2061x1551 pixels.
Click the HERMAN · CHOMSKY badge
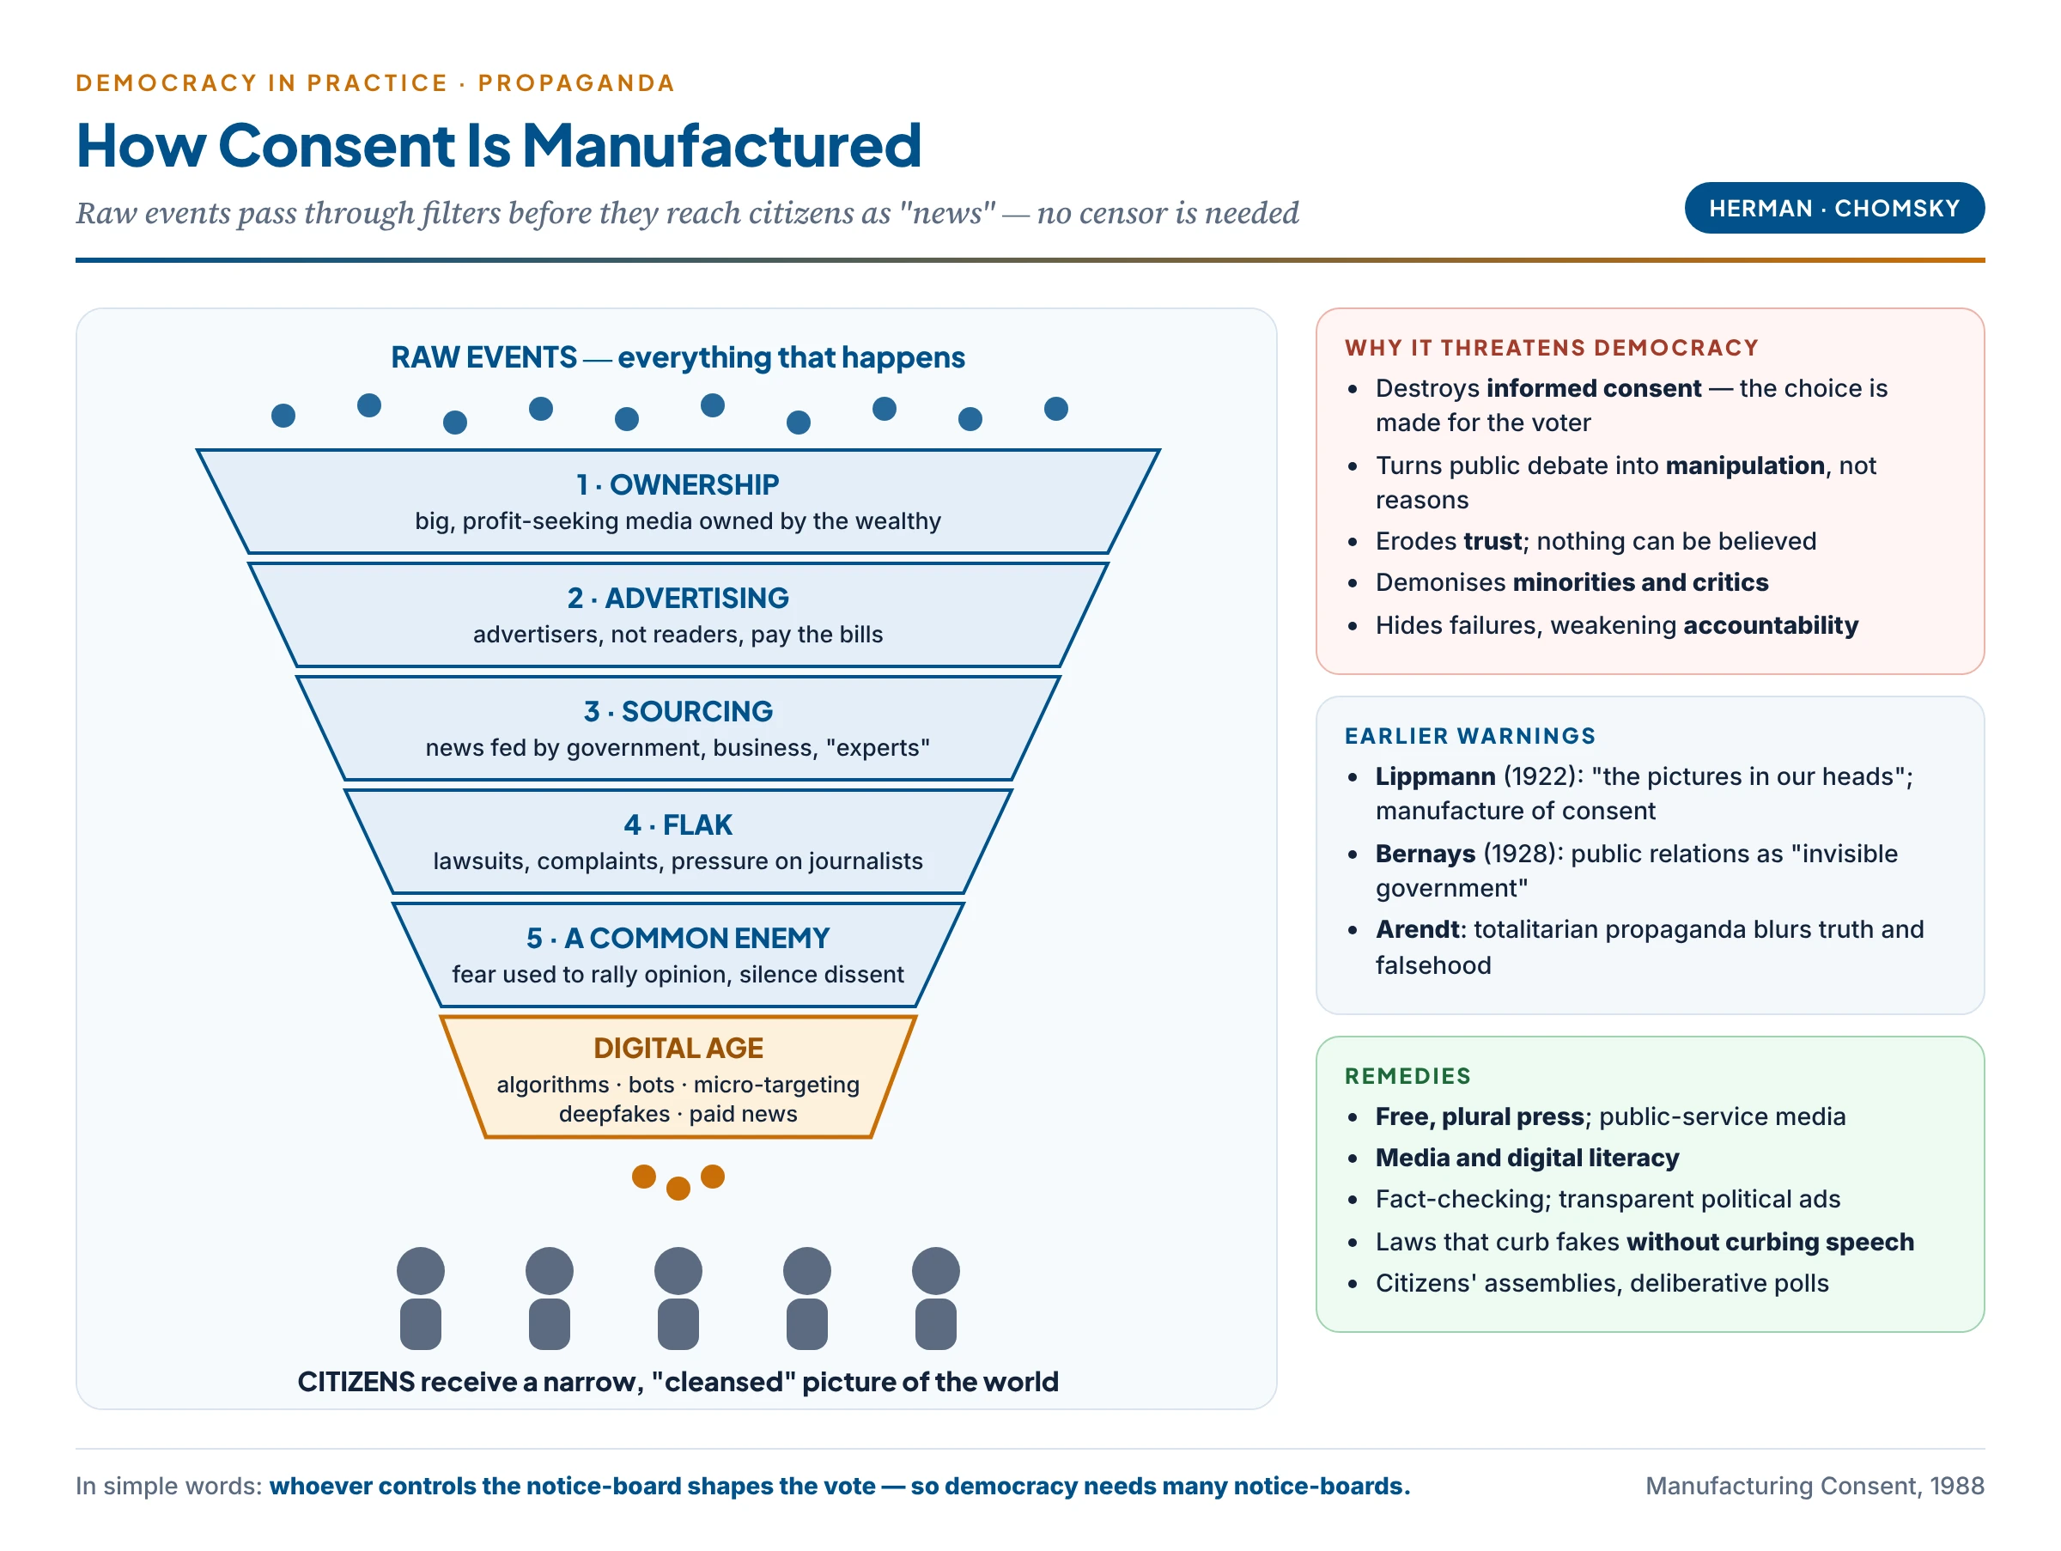1833,208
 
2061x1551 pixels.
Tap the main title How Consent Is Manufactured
498,145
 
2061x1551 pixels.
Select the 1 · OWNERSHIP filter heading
678,484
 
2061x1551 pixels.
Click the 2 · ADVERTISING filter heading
678,598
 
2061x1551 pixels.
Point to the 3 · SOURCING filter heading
678,712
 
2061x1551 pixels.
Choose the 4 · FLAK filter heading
678,825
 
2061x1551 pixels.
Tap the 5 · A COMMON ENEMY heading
678,938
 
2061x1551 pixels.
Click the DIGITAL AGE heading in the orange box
678,1048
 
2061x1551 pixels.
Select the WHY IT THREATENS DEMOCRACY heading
1552,348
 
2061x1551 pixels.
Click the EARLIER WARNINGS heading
1469,736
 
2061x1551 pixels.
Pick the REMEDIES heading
1407,1076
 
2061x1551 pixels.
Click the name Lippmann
1435,777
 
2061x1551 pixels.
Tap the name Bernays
1425,855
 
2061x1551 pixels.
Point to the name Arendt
1417,930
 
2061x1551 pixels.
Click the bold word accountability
1770,625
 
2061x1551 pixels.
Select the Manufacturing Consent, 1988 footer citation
1814,1486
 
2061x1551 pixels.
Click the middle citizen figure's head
678,1271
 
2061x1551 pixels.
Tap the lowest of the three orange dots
678,1188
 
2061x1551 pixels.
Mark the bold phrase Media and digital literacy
1527,1158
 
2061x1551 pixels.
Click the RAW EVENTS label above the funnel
483,358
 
